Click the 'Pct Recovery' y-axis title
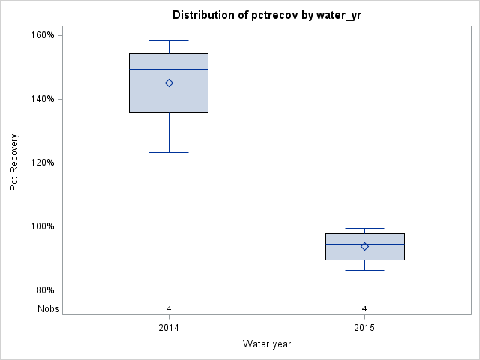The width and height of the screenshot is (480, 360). pyautogui.click(x=14, y=163)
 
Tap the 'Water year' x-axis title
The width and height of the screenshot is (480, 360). pyautogui.click(x=267, y=344)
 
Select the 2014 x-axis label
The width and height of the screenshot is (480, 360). pyautogui.click(x=169, y=328)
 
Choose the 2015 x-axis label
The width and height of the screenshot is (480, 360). pyautogui.click(x=364, y=328)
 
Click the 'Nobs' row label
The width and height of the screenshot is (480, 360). pyautogui.click(x=49, y=309)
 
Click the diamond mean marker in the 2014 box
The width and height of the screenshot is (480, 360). pyautogui.click(x=169, y=83)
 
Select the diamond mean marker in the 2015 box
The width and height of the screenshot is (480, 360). pyautogui.click(x=364, y=246)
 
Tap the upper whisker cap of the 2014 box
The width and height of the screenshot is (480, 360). pyautogui.click(x=169, y=41)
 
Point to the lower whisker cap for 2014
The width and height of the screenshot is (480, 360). pyautogui.click(x=169, y=152)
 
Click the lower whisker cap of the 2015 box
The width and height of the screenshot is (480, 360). pyautogui.click(x=364, y=270)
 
